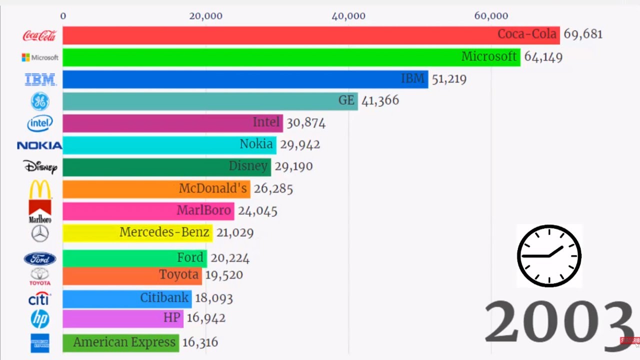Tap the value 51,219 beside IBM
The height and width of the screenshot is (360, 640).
tap(449, 79)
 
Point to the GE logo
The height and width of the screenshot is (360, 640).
tap(40, 101)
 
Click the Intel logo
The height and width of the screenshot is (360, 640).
tap(40, 123)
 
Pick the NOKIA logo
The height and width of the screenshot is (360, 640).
tap(39, 145)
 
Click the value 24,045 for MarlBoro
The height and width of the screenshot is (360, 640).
tap(257, 211)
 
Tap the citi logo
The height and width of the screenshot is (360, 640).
tap(39, 298)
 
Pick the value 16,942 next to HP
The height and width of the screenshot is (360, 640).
tap(206, 318)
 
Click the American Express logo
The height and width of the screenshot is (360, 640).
tap(40, 343)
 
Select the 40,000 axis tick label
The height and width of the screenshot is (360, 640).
tap(348, 16)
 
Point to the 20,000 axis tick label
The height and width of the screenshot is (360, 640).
tap(205, 16)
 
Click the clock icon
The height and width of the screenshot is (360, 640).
tap(549, 255)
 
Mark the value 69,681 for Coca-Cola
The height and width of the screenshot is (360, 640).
tap(583, 34)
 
